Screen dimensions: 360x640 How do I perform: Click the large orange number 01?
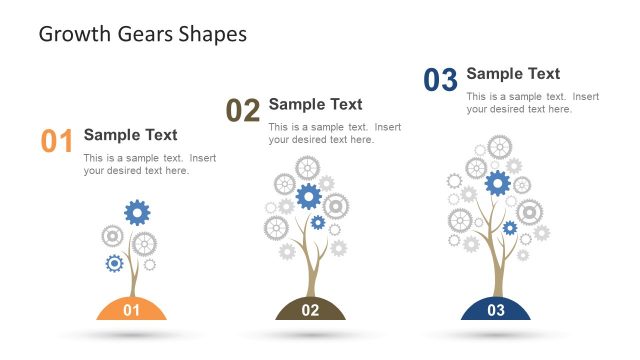[57, 141]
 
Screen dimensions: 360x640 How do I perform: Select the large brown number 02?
[243, 110]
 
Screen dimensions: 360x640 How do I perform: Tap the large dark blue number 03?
[440, 79]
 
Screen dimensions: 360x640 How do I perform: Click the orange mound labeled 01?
[131, 309]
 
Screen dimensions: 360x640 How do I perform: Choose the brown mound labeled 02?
[310, 309]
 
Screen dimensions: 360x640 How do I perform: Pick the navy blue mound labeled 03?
[496, 309]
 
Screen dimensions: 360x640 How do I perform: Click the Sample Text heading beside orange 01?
[130, 135]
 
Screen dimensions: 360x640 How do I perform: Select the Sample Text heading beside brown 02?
[315, 104]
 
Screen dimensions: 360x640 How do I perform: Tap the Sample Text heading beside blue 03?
[513, 73]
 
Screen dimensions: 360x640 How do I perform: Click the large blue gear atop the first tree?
[137, 211]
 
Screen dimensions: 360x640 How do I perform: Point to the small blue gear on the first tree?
[114, 263]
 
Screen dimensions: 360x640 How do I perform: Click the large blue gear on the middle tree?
[308, 196]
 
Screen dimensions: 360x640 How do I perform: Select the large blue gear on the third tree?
[497, 183]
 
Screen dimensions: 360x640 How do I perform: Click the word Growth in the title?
[71, 35]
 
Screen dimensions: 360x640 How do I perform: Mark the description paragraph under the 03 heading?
[532, 103]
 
